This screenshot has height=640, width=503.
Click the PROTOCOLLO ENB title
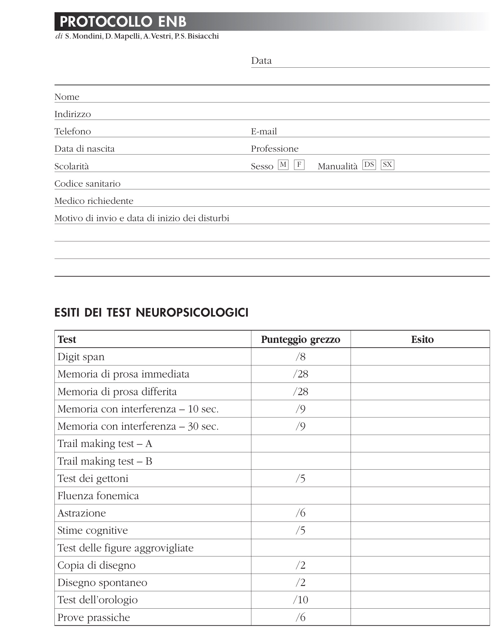click(x=123, y=22)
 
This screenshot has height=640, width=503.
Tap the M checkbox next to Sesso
click(x=283, y=165)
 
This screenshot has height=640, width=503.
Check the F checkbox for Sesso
click(x=299, y=165)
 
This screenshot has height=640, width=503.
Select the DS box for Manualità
click(x=369, y=165)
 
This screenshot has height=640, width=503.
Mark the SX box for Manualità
click(x=387, y=165)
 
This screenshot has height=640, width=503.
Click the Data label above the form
click(x=261, y=61)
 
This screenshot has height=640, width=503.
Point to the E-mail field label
click(x=264, y=131)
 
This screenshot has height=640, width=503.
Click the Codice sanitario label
click(x=87, y=184)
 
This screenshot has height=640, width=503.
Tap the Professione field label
click(x=275, y=149)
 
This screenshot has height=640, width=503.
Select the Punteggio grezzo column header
click(x=301, y=339)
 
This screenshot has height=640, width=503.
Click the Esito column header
click(x=422, y=339)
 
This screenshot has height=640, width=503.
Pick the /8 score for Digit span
click(x=301, y=357)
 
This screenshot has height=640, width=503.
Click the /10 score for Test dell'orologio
click(x=301, y=600)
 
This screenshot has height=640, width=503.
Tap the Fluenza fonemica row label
click(x=98, y=496)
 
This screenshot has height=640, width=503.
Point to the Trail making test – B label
click(x=105, y=461)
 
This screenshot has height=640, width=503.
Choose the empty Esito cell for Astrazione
click(x=420, y=513)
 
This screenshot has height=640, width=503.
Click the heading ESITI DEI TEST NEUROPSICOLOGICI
click(x=151, y=312)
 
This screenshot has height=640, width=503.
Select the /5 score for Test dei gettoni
click(x=301, y=479)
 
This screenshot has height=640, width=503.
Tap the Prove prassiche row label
click(x=94, y=618)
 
